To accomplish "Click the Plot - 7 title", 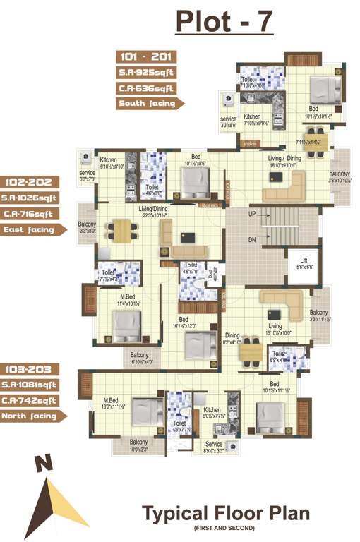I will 224,22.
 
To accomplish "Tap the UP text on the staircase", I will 252,214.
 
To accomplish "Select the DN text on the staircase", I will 252,239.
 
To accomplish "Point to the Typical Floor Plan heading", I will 226,514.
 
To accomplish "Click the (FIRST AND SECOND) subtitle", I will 226,529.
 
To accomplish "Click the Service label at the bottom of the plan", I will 213,444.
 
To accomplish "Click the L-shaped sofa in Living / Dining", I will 285,187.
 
